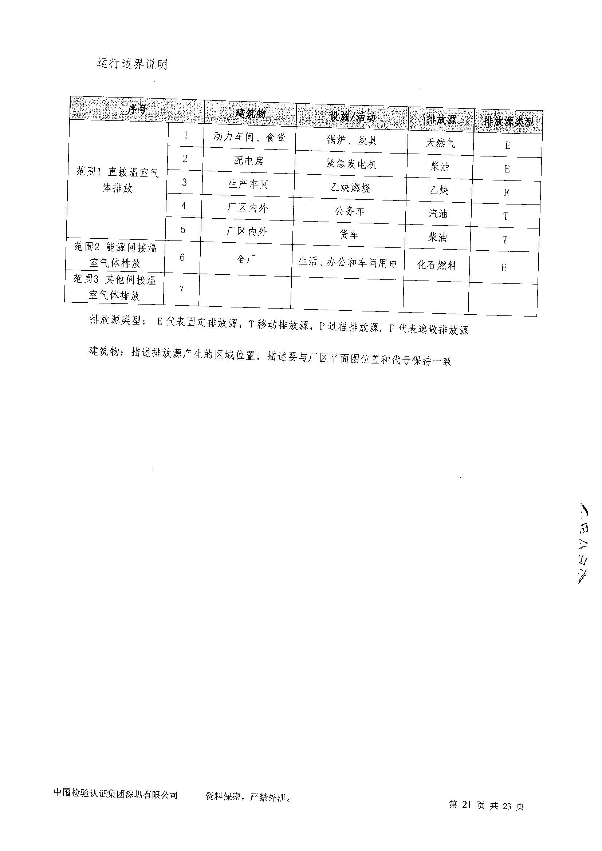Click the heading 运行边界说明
click(x=132, y=64)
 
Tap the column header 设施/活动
click(x=352, y=117)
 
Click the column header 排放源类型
click(x=508, y=121)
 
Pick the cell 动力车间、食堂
click(x=249, y=138)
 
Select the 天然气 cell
click(x=440, y=143)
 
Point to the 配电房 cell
click(x=248, y=160)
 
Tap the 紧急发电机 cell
click(x=351, y=164)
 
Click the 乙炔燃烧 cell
click(x=350, y=188)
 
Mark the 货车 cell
click(x=349, y=235)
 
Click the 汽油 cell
click(x=438, y=214)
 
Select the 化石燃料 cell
click(x=437, y=265)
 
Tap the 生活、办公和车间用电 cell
click(x=348, y=263)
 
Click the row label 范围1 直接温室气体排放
click(x=118, y=180)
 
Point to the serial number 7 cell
click(x=181, y=290)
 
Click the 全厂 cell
click(x=246, y=259)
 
